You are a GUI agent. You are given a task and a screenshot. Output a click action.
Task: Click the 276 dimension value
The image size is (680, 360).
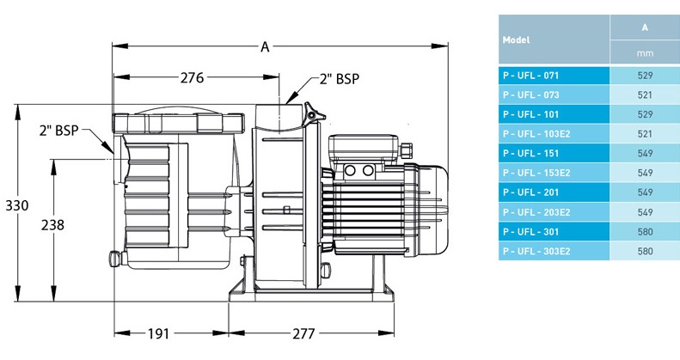click(192, 78)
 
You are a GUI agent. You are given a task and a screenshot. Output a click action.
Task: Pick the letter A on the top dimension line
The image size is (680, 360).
click(265, 48)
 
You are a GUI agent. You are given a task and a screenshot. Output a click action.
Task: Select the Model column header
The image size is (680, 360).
click(516, 40)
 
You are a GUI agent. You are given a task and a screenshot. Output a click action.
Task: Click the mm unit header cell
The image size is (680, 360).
click(645, 53)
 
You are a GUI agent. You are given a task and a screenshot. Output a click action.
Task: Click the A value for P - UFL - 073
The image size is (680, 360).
click(645, 95)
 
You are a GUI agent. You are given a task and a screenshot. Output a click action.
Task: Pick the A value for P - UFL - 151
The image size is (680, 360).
click(645, 154)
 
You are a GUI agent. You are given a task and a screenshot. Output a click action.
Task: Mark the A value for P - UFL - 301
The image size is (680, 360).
click(645, 232)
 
